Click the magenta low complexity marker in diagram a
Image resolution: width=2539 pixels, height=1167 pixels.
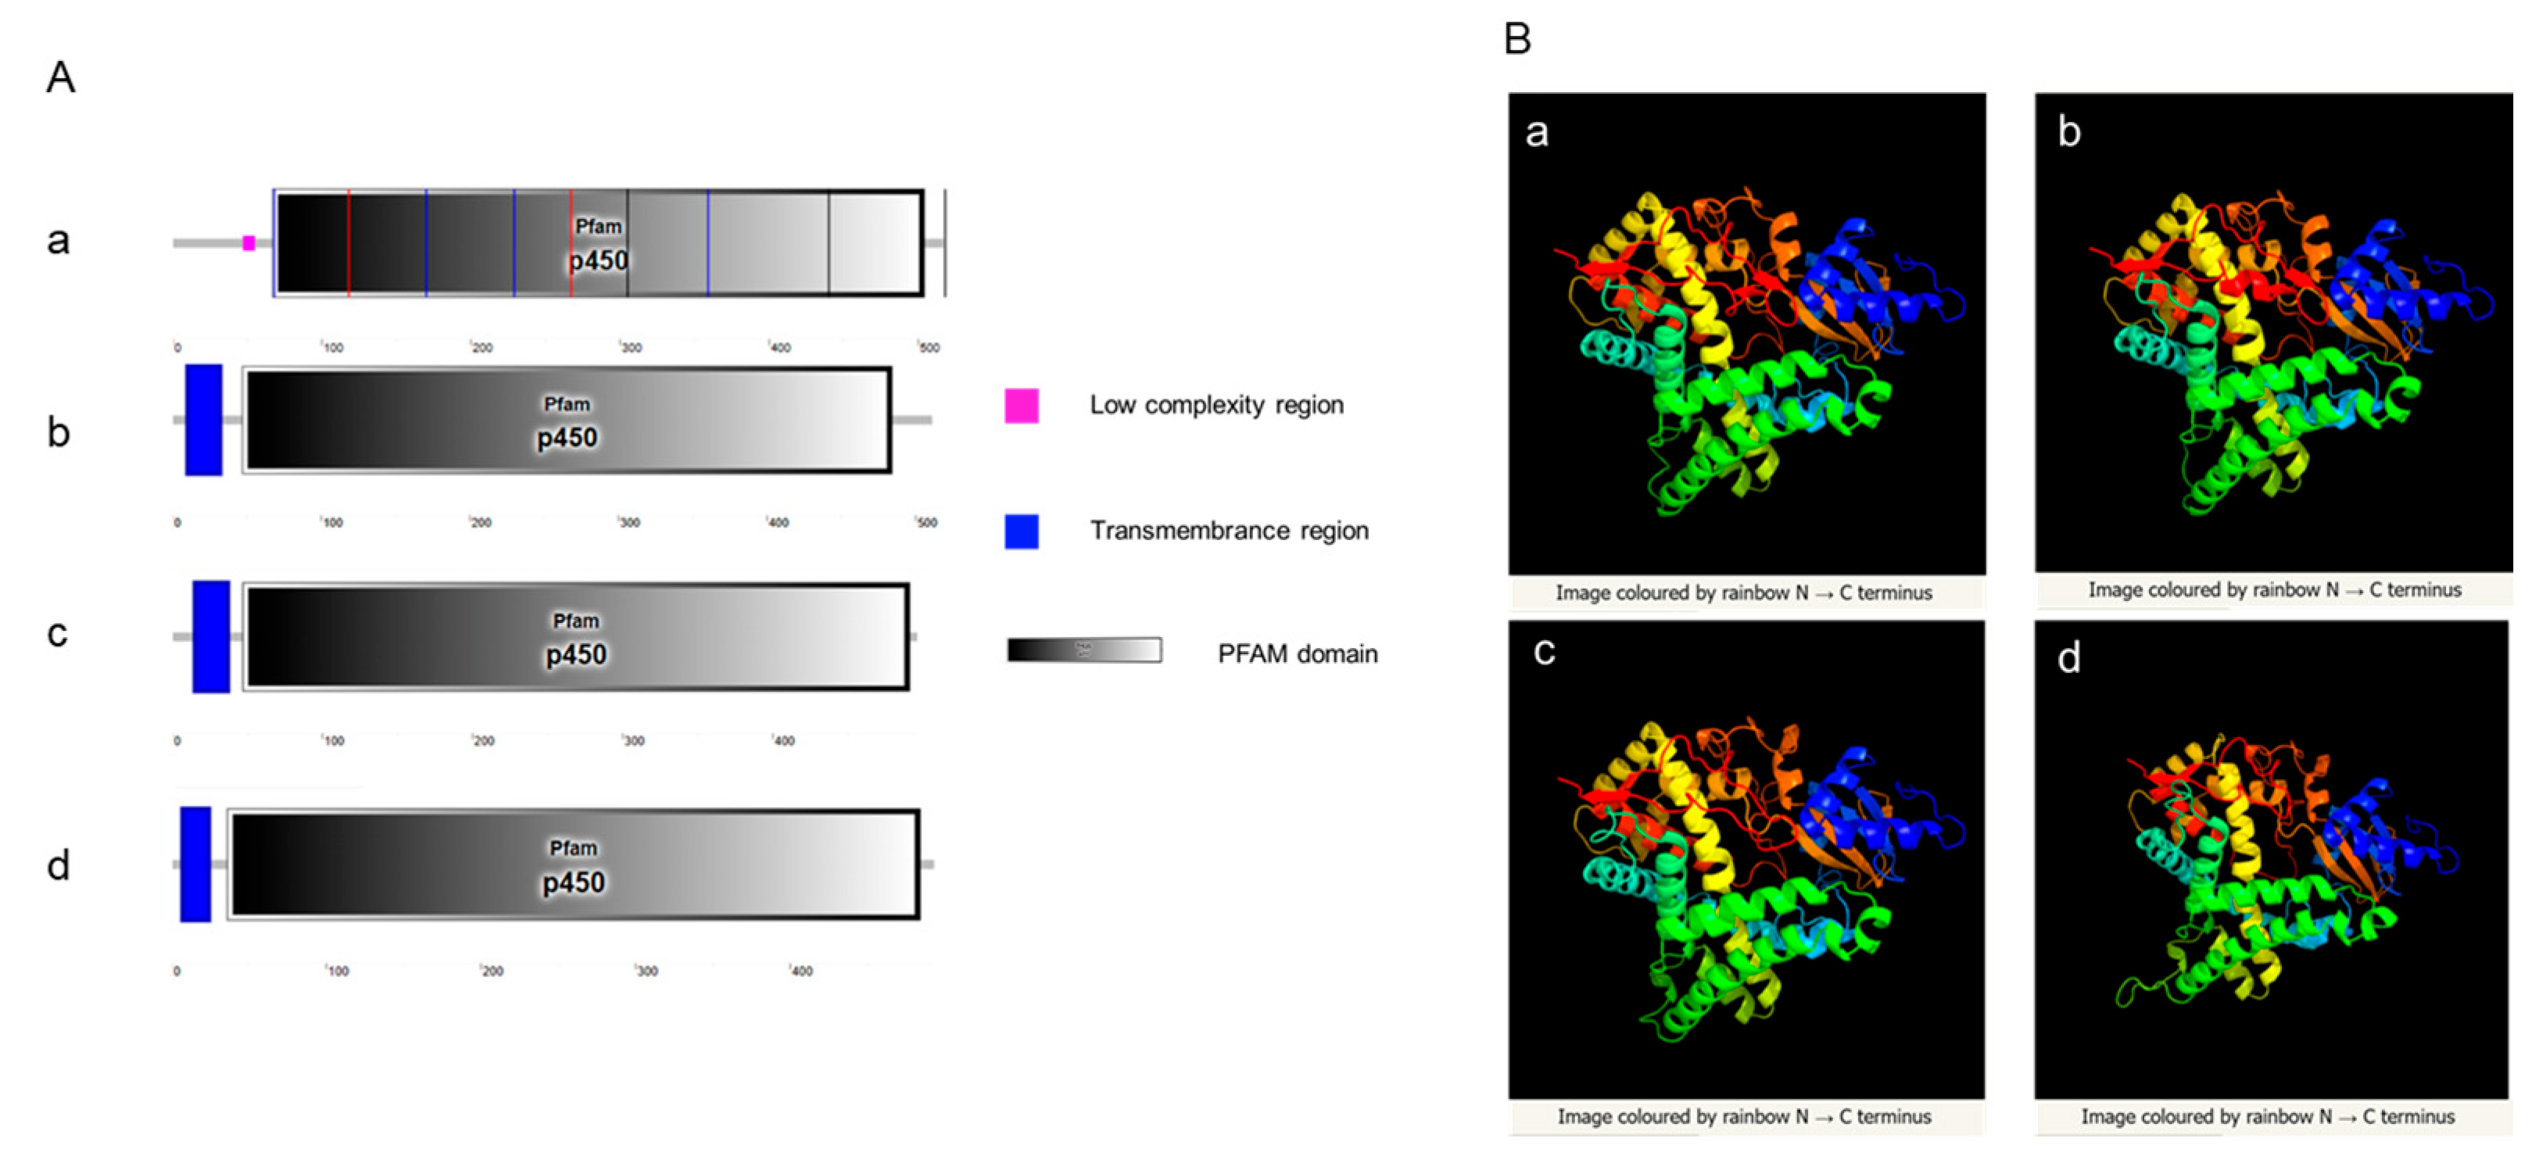click(249, 242)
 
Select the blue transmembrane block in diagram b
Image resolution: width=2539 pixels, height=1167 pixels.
click(204, 420)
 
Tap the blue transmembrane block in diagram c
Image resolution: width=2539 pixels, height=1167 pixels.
click(211, 637)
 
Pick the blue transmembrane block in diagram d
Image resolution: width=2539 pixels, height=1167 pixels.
click(195, 865)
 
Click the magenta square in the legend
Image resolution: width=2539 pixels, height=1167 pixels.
click(1021, 405)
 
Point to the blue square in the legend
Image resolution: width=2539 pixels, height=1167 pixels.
click(1021, 532)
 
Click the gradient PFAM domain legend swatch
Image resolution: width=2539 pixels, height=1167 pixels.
click(1083, 650)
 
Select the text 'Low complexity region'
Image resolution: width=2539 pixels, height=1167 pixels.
click(1216, 405)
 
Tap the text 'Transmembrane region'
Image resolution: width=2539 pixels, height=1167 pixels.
click(1229, 532)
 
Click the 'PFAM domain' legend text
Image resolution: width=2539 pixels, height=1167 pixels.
click(1297, 653)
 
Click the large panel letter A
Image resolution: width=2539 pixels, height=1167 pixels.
click(61, 77)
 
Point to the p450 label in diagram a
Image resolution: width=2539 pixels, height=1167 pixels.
click(598, 260)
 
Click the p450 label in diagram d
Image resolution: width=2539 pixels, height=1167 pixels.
click(574, 882)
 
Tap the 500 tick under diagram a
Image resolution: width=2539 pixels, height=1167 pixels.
click(929, 348)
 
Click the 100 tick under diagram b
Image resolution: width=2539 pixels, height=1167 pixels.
click(332, 522)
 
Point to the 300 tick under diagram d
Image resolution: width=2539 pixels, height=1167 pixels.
click(646, 971)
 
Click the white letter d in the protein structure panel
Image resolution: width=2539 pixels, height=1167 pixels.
click(2069, 657)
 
